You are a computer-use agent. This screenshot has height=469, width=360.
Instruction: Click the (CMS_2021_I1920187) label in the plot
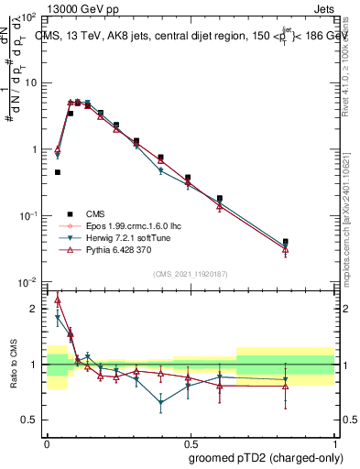(190, 274)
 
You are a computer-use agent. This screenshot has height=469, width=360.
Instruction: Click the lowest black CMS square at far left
(58, 172)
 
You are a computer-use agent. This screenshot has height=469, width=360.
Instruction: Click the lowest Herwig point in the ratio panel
(161, 402)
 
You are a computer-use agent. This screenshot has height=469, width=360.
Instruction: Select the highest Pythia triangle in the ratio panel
(58, 300)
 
